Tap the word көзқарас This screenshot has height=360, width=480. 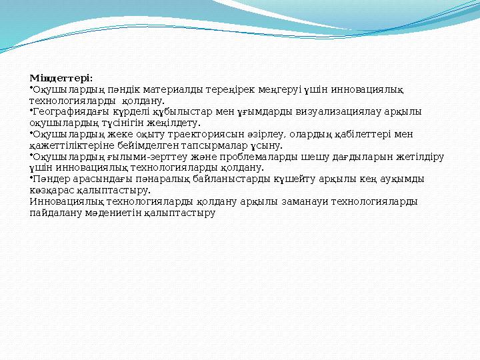pos(55,189)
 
